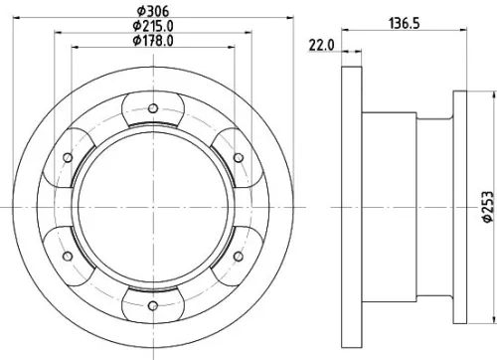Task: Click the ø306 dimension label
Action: (x=152, y=12)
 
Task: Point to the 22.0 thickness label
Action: (x=319, y=44)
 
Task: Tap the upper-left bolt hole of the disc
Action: (x=68, y=157)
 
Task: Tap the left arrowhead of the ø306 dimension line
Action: (x=11, y=20)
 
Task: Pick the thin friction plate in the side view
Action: (x=349, y=206)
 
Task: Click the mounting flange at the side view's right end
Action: (x=460, y=206)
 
